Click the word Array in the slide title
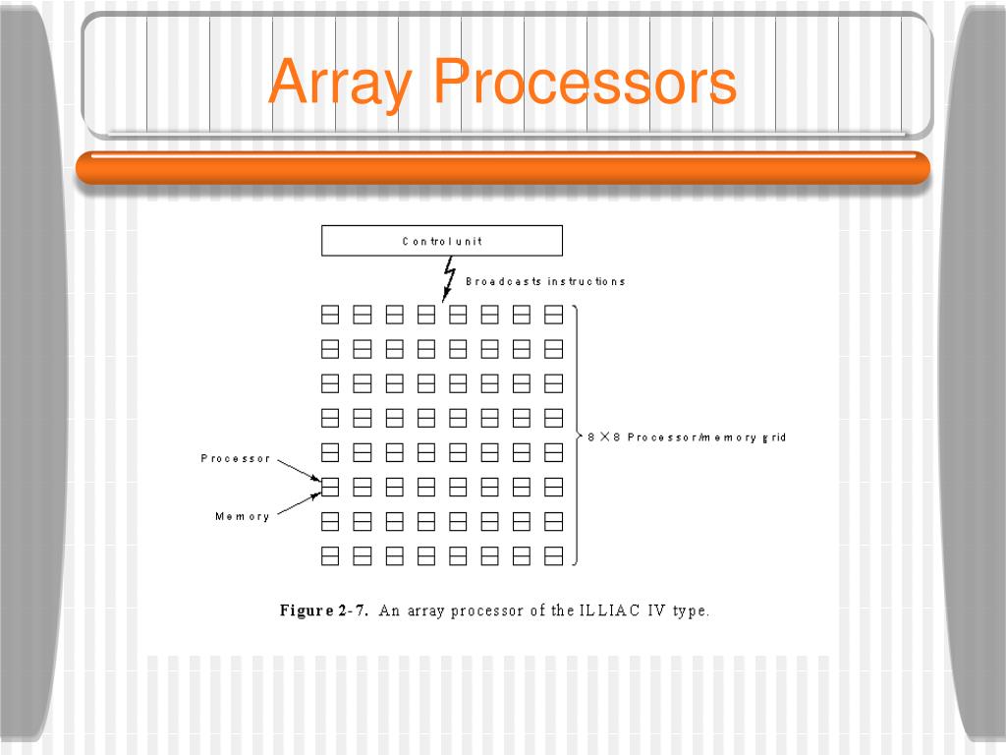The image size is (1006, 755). click(x=340, y=83)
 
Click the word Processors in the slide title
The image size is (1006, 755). click(x=586, y=83)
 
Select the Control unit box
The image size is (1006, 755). click(x=442, y=241)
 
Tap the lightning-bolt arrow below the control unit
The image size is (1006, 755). click(x=449, y=279)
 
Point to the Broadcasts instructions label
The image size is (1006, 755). click(x=545, y=281)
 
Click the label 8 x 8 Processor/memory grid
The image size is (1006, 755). click(x=687, y=437)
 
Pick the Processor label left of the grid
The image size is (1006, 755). click(x=235, y=459)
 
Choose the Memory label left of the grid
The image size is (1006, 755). click(x=242, y=517)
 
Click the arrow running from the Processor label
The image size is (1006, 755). click(x=297, y=469)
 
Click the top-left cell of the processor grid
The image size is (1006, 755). click(x=330, y=315)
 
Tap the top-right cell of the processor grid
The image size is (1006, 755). click(x=554, y=315)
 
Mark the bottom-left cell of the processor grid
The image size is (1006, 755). click(x=330, y=556)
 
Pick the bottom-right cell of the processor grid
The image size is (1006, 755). click(x=554, y=556)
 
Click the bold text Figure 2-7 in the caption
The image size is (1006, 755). click(x=324, y=610)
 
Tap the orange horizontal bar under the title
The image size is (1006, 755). click(x=503, y=168)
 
